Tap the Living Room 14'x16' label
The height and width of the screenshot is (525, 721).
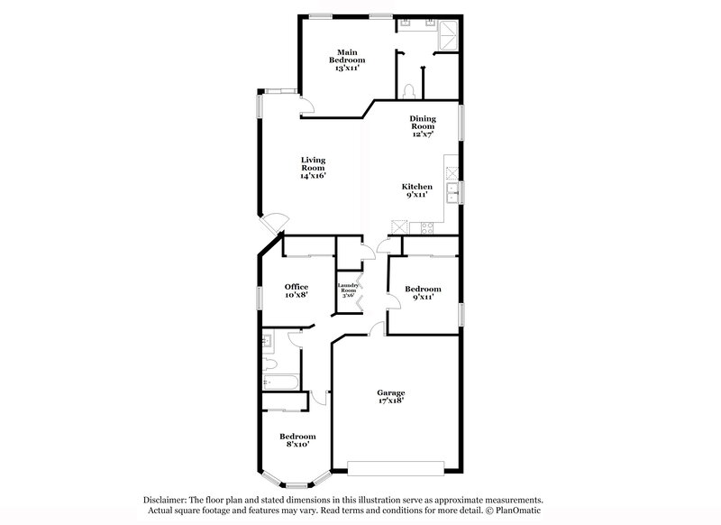[x=313, y=168]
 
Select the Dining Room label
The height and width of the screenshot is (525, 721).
[x=423, y=126]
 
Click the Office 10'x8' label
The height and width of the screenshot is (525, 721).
[x=297, y=290]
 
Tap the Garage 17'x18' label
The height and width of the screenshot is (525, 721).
[x=390, y=397]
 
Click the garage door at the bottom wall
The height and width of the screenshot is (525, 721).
[x=396, y=467]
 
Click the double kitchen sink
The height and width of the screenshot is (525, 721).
[x=452, y=190]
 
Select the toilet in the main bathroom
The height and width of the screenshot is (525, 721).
[x=409, y=89]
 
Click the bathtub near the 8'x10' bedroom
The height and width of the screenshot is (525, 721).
[x=281, y=384]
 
